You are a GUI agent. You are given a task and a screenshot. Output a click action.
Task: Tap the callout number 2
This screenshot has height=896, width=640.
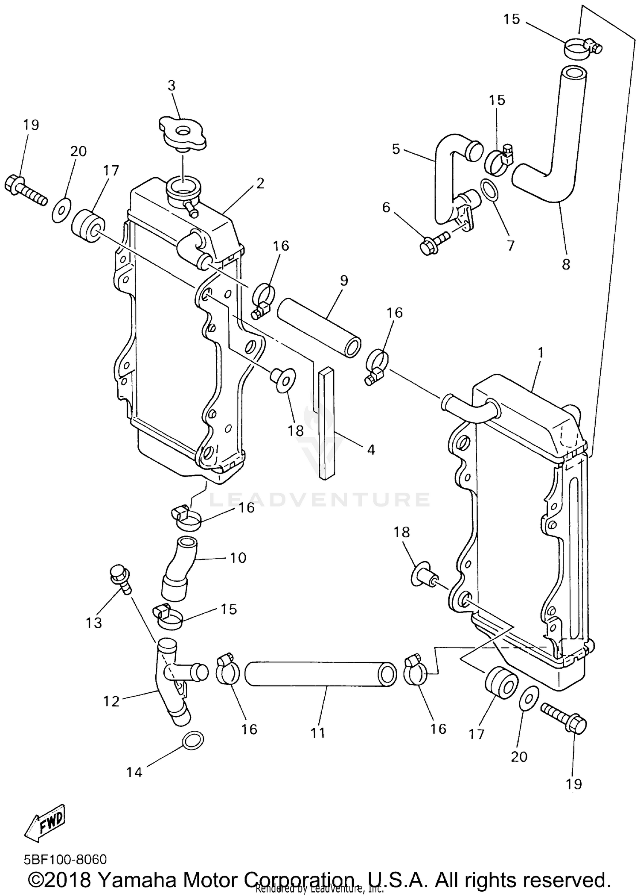point(260,183)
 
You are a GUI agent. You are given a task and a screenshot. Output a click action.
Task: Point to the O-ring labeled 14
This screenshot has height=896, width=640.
point(193,739)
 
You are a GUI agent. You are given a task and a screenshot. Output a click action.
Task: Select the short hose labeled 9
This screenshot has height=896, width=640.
point(319,328)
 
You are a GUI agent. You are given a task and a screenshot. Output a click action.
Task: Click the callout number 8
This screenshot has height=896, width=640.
point(566,264)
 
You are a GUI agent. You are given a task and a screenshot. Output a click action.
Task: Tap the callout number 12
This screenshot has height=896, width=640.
point(111,701)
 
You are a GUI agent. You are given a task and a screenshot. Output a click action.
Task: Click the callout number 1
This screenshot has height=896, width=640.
point(541,353)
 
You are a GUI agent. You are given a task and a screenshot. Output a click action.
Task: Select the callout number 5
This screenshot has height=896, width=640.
point(396,149)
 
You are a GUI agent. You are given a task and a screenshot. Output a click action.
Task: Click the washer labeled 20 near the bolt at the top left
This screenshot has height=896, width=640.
point(61,210)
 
